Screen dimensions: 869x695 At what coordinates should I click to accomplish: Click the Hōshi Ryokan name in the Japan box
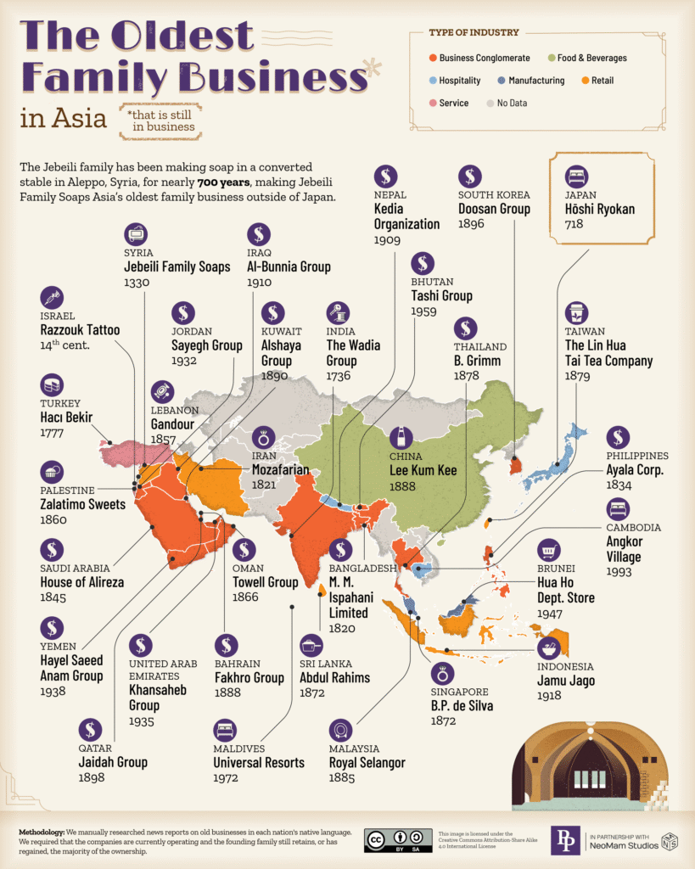tap(599, 209)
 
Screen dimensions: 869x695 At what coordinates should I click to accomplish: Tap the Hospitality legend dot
tap(433, 81)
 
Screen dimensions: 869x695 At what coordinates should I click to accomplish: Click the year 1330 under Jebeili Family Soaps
tap(137, 283)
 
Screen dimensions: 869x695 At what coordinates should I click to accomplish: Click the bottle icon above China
tap(401, 439)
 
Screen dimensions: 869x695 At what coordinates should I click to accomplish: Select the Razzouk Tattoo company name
tap(80, 330)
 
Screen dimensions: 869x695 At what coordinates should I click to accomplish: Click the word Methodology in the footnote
tap(41, 832)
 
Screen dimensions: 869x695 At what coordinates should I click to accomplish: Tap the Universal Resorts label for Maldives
tap(258, 763)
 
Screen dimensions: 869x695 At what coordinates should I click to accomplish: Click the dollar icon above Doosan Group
tap(470, 176)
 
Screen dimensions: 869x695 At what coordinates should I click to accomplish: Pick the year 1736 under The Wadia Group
tap(340, 375)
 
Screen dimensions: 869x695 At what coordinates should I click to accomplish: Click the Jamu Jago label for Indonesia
tap(565, 681)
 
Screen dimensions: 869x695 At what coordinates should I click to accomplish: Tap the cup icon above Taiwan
tap(578, 312)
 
